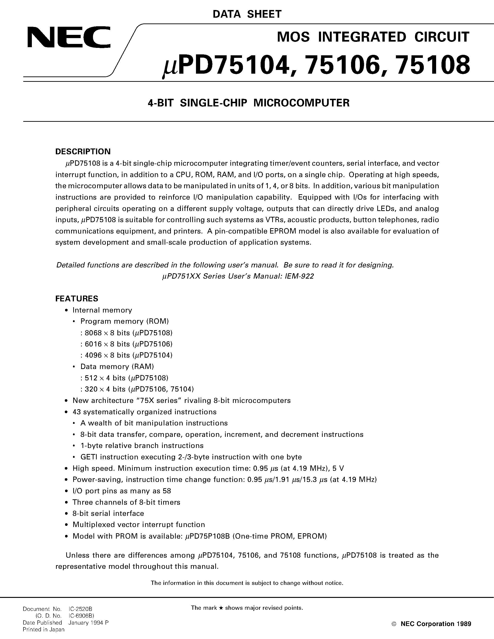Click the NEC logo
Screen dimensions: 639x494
pos(69,37)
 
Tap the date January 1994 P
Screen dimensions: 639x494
pos(88,623)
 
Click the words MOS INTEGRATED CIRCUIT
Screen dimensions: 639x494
pos(373,37)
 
